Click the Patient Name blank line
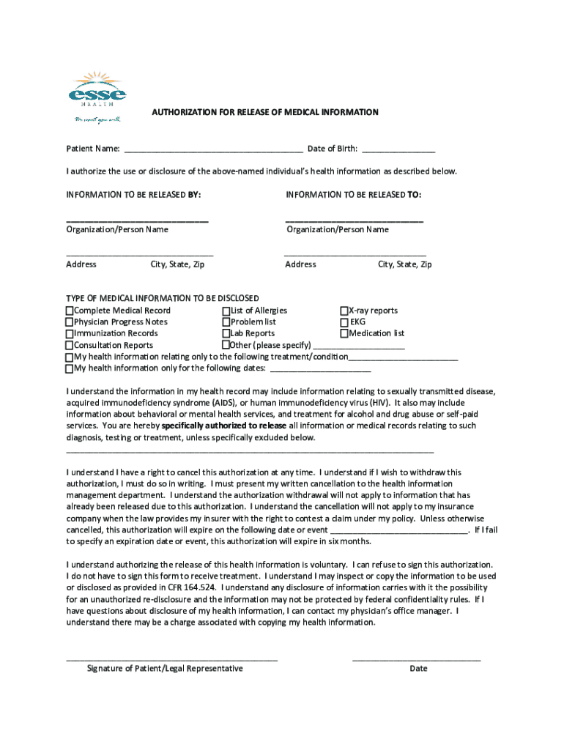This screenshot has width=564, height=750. click(213, 150)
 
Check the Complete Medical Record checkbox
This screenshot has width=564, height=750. click(70, 311)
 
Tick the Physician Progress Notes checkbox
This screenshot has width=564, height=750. click(70, 322)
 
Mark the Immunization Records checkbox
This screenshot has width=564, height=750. click(70, 334)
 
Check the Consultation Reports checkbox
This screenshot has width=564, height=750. click(70, 345)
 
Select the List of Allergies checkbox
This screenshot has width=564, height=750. click(226, 311)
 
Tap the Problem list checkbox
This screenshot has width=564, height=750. click(226, 322)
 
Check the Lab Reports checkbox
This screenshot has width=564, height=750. click(226, 333)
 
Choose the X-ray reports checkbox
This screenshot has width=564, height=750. click(344, 311)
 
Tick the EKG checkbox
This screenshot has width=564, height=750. click(344, 322)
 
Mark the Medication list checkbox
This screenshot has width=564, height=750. click(344, 333)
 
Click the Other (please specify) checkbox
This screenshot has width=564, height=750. click(226, 345)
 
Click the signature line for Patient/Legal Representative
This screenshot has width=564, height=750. click(172, 658)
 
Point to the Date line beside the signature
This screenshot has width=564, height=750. click(417, 658)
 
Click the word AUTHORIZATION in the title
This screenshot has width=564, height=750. click(183, 112)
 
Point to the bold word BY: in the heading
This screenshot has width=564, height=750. click(194, 195)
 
